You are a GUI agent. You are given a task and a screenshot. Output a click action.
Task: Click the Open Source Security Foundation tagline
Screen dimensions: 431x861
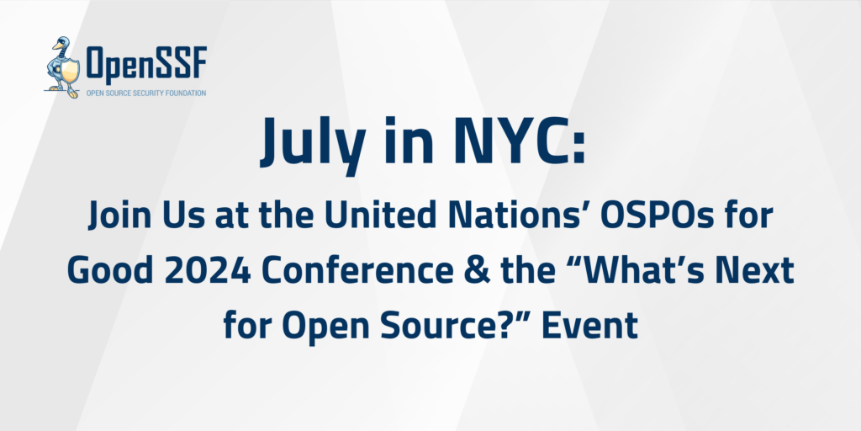[x=145, y=93]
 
